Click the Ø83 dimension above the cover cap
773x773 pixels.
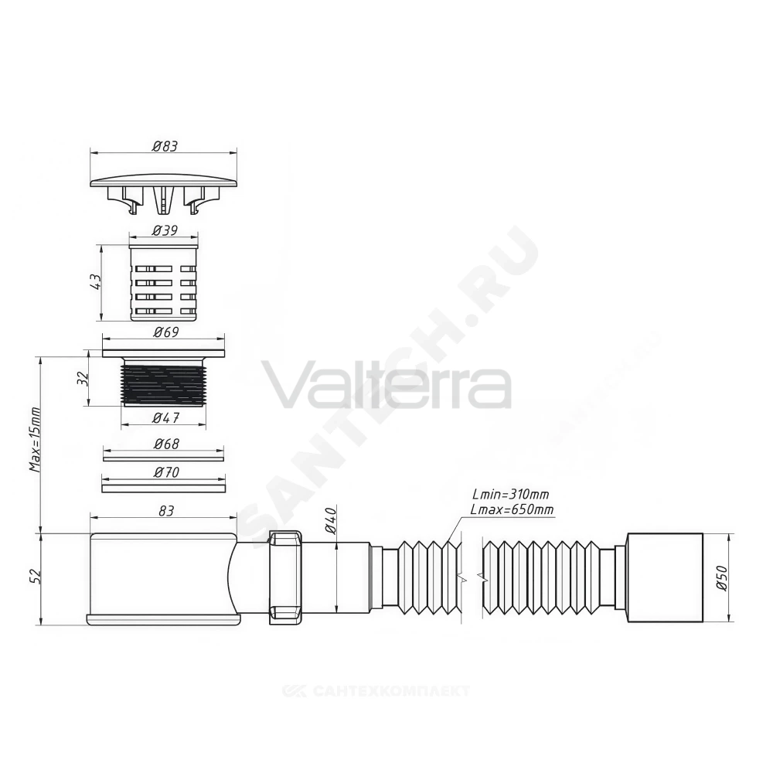click(x=165, y=146)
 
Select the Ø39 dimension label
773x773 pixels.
click(x=165, y=230)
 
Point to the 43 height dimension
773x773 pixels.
click(x=95, y=281)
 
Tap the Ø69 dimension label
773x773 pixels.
click(x=165, y=332)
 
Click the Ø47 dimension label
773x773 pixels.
click(x=165, y=417)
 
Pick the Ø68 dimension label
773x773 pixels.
click(x=165, y=444)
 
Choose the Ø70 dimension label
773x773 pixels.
click(x=165, y=472)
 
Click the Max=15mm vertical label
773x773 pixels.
click(x=35, y=439)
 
